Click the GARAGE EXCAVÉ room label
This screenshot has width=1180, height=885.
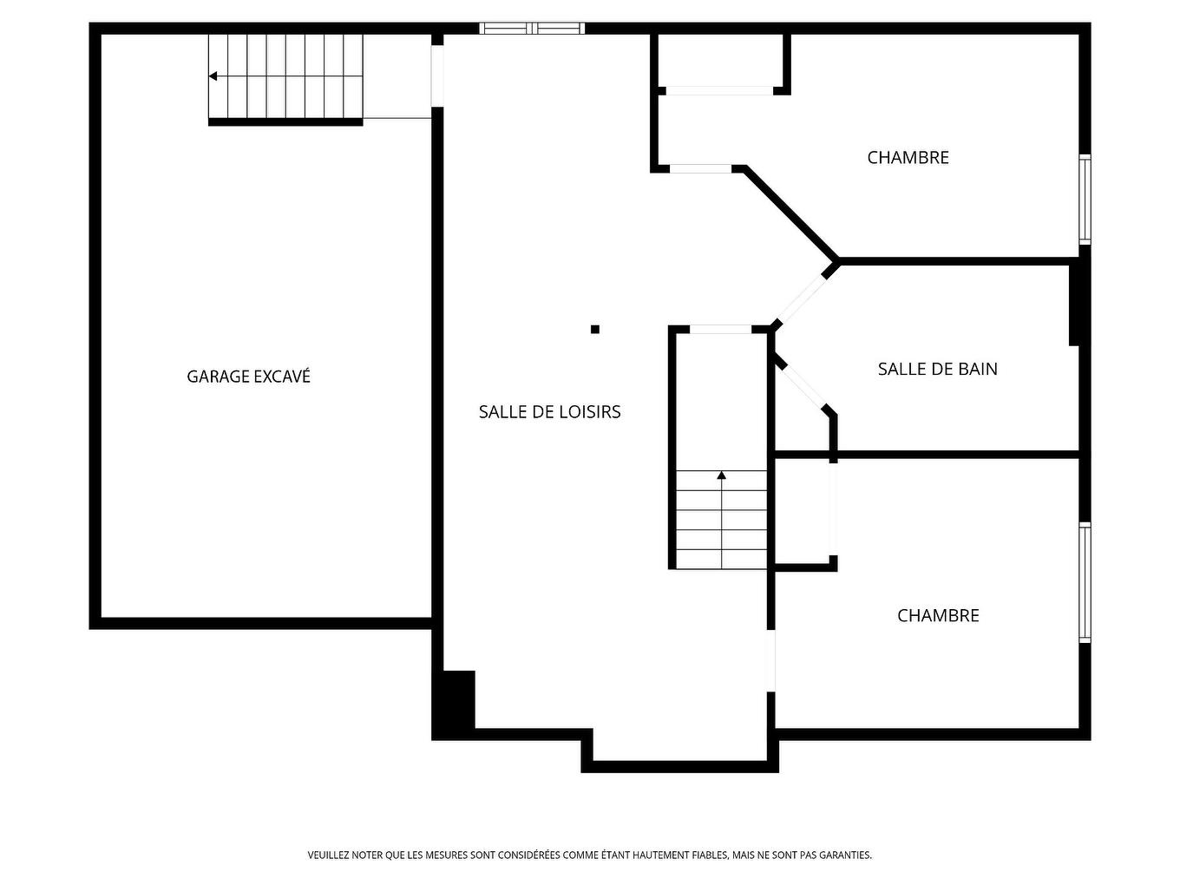248,377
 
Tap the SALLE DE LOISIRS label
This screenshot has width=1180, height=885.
549,412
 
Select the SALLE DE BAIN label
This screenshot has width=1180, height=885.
937,369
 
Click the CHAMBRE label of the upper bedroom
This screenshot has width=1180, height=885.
908,157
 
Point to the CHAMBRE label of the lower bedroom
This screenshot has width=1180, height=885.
938,615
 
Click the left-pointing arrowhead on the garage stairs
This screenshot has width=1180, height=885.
213,76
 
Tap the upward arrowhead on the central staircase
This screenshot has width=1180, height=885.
721,475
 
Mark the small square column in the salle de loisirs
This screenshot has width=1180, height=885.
595,329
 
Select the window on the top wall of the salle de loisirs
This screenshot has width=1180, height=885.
532,29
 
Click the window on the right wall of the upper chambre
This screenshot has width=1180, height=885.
1085,200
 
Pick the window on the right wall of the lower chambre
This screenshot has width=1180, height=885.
1085,582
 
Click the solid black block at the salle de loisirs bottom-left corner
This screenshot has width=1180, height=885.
454,703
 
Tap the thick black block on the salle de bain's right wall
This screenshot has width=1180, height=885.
1074,304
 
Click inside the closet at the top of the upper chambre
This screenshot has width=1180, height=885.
720,61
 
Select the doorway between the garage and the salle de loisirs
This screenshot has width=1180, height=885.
437,75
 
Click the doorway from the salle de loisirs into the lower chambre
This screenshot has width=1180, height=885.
771,660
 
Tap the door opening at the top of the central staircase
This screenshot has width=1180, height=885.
720,330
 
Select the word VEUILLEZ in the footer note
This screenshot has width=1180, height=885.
328,855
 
